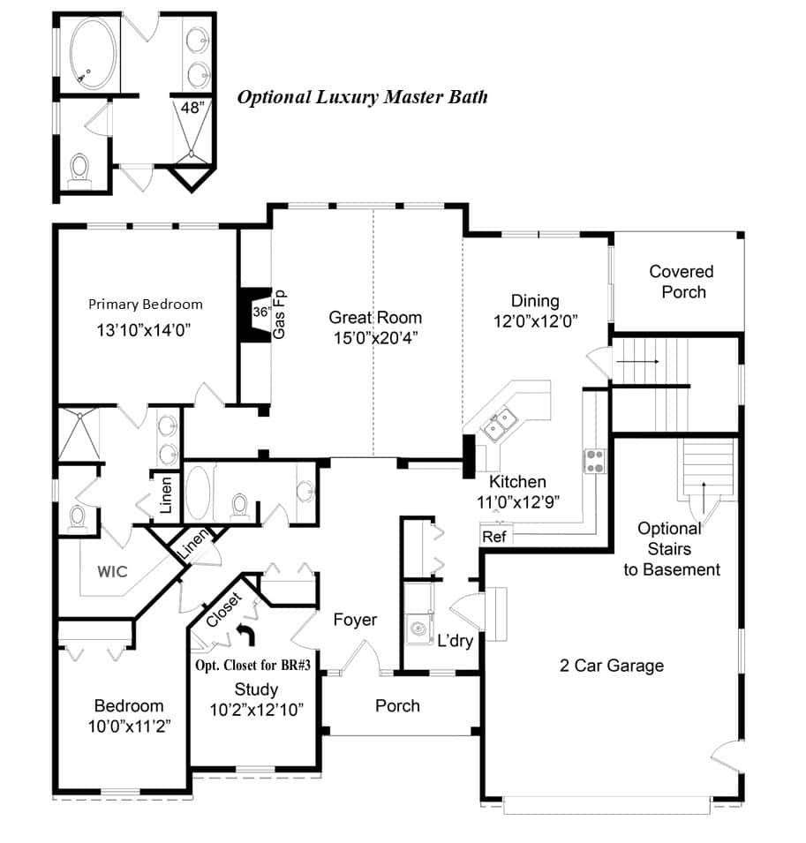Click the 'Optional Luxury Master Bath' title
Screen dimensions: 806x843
click(363, 97)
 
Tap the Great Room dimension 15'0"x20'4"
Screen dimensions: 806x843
click(376, 338)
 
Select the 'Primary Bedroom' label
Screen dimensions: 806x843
click(145, 305)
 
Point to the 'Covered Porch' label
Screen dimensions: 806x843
click(682, 282)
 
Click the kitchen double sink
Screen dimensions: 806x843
click(499, 423)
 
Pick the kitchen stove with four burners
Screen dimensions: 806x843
click(595, 462)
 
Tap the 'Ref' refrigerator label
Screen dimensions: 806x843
click(494, 537)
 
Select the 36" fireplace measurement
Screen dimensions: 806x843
click(262, 312)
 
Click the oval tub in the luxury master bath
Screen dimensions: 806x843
click(93, 54)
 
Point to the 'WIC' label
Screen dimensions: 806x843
click(112, 571)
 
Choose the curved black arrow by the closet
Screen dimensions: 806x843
click(247, 634)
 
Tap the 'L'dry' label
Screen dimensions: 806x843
click(455, 640)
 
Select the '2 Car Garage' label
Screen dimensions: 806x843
click(612, 666)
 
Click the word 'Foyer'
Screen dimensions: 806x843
click(355, 620)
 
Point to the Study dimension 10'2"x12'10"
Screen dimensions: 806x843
click(257, 711)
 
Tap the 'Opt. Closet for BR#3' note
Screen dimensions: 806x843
click(252, 666)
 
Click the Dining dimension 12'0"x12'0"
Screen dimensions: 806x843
click(536, 321)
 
